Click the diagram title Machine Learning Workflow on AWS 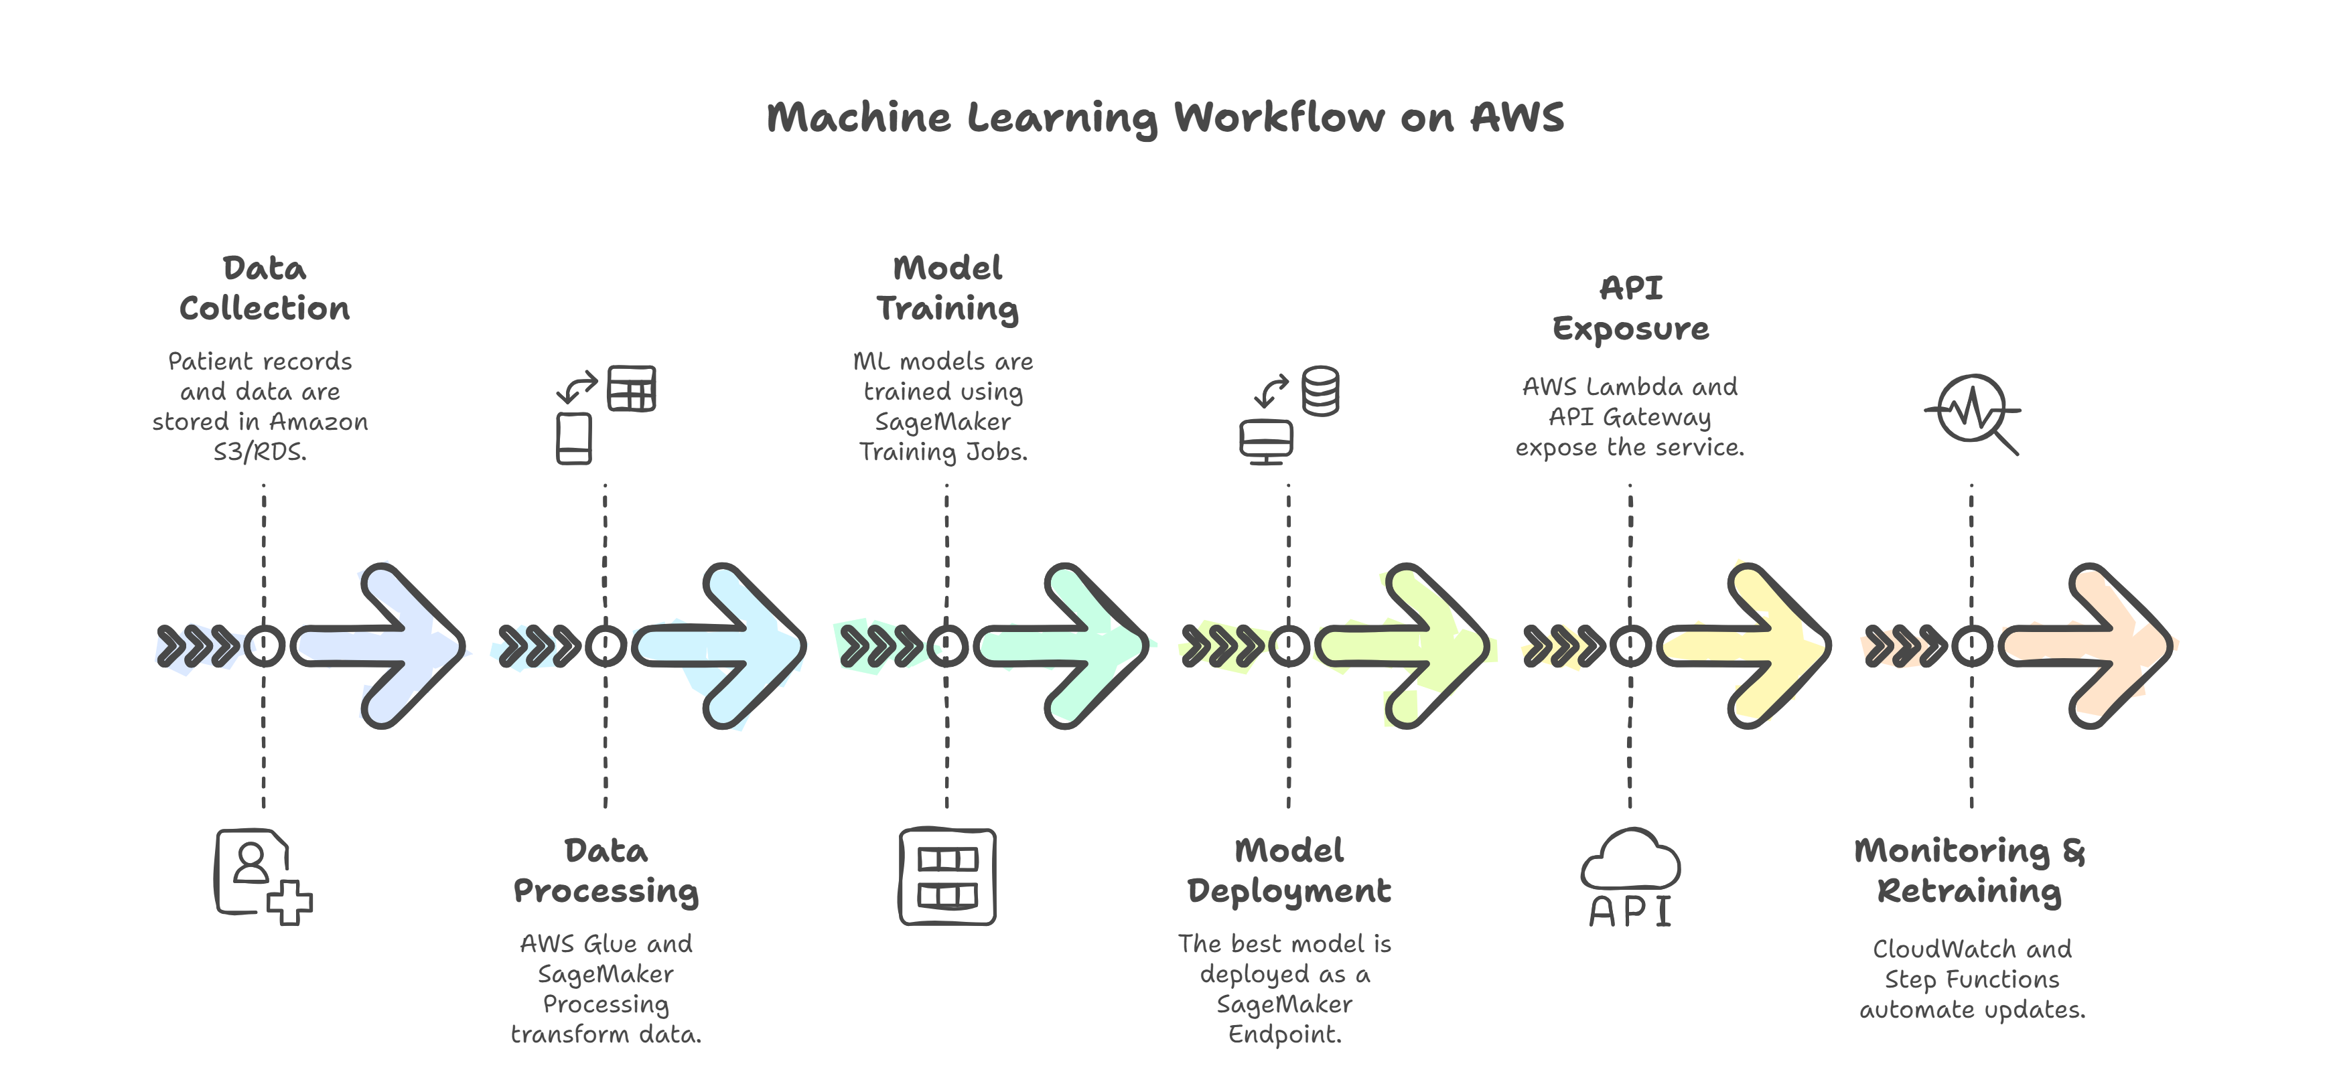pyautogui.click(x=1165, y=118)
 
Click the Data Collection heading pyautogui.click(x=264, y=289)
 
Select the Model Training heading pyautogui.click(x=947, y=289)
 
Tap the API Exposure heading pyautogui.click(x=1630, y=309)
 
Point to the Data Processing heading pyautogui.click(x=606, y=870)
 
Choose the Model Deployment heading pyautogui.click(x=1289, y=870)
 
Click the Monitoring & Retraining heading pyautogui.click(x=1970, y=870)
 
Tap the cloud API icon pyautogui.click(x=1630, y=878)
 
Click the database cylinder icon pyautogui.click(x=1320, y=391)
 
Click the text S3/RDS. pyautogui.click(x=260, y=451)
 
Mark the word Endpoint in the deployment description pyautogui.click(x=1284, y=1034)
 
